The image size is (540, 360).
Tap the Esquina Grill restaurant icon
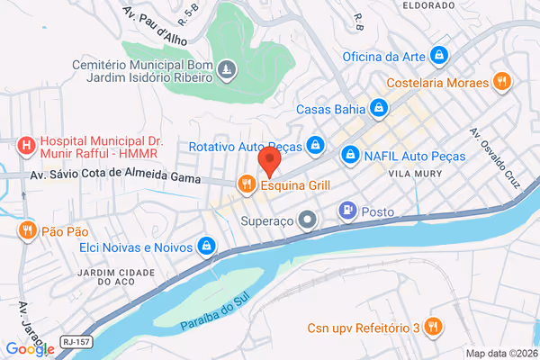tap(246, 185)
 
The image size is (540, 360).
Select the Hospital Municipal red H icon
tap(27, 144)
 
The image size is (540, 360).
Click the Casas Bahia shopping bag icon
tap(380, 110)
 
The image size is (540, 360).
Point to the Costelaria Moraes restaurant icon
tap(502, 83)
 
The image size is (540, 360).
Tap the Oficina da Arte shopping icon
tap(438, 56)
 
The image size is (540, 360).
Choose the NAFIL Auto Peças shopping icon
tap(349, 156)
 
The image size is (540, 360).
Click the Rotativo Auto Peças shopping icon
tap(315, 144)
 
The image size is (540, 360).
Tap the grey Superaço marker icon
tap(308, 220)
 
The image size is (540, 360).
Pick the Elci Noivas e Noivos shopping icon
tap(207, 246)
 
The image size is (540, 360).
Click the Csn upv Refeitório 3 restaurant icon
tap(434, 327)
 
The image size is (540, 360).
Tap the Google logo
tap(29, 349)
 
